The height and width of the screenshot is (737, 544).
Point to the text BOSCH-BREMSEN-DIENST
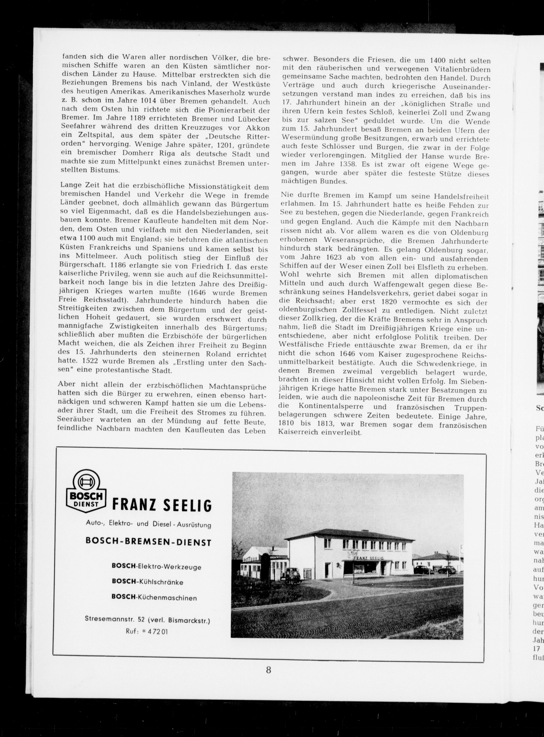pos(148,542)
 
